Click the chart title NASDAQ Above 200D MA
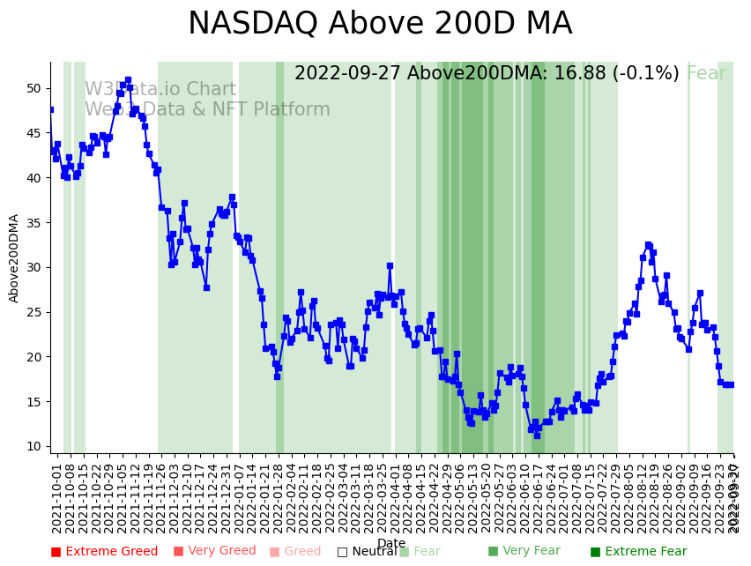[380, 24]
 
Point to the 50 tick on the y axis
[33, 88]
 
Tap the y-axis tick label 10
[33, 446]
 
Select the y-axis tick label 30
[33, 267]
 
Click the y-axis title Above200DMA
[14, 258]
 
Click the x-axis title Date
[391, 543]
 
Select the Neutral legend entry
[366, 552]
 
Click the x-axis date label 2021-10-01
[56, 498]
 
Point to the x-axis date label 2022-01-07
[238, 498]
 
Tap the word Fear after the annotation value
[706, 74]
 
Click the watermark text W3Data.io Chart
[160, 90]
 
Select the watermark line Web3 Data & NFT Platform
[207, 110]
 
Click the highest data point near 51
[128, 80]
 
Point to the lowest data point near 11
[536, 436]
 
